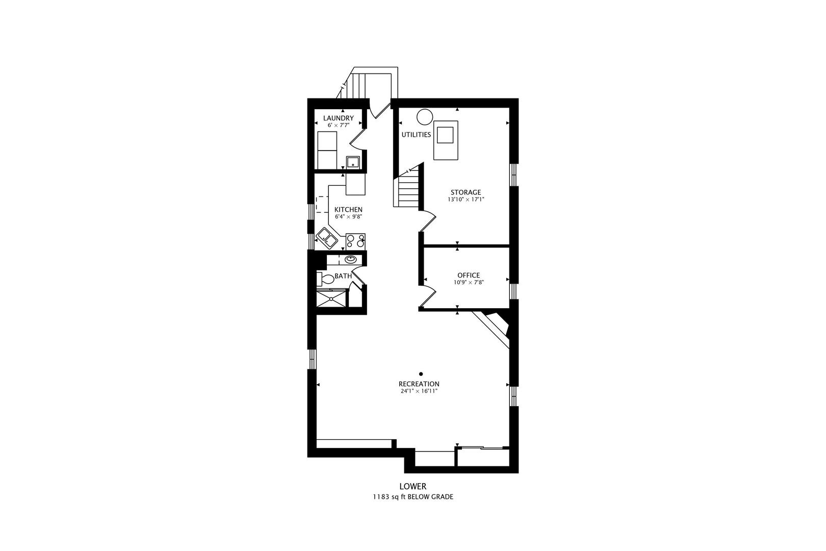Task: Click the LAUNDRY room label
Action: tap(338, 118)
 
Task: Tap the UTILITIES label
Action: tap(416, 135)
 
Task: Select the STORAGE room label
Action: tap(466, 192)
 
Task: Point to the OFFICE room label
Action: tap(469, 275)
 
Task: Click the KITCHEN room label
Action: tap(348, 210)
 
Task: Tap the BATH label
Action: tap(343, 276)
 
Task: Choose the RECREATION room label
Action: tap(419, 384)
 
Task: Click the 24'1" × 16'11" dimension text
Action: tap(419, 391)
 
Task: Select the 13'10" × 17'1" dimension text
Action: tap(466, 199)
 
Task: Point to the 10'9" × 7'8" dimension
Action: tap(469, 283)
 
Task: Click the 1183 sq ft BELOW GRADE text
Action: tap(412, 497)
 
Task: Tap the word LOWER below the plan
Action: tap(412, 486)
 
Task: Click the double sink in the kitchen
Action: tap(327, 238)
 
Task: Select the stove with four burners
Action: tap(355, 242)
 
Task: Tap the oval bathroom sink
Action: tap(350, 260)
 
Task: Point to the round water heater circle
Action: tap(424, 117)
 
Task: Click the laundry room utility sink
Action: tap(353, 162)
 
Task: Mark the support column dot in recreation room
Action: tap(421, 374)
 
